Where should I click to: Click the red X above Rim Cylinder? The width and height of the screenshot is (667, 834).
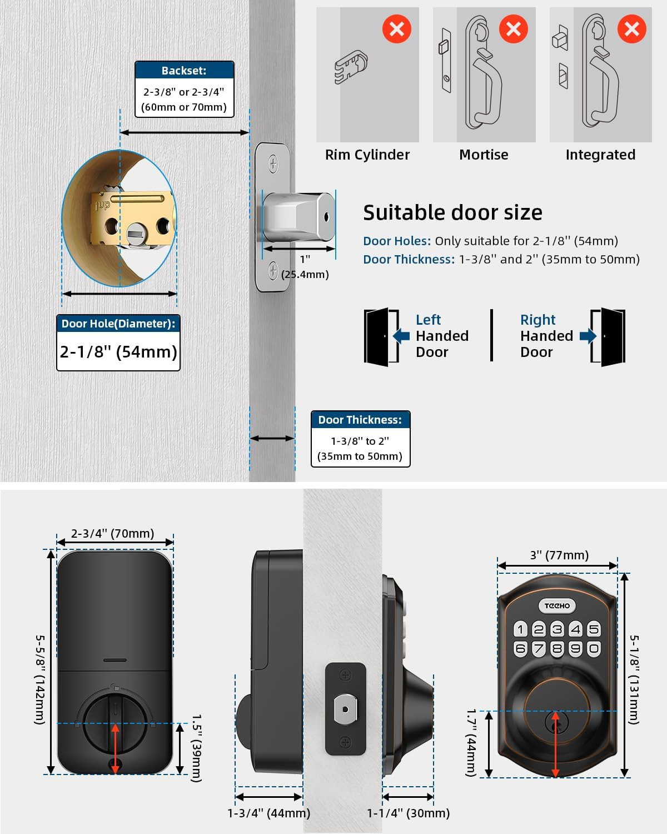[397, 29]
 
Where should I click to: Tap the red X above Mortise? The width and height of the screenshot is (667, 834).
[513, 29]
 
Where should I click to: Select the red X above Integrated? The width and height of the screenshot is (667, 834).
[631, 29]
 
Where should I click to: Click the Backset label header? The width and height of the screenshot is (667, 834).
[184, 71]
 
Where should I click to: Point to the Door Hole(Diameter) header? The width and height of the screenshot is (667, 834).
[118, 324]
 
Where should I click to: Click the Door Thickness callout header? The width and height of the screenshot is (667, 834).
[360, 420]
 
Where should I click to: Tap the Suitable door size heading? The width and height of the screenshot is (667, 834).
[452, 212]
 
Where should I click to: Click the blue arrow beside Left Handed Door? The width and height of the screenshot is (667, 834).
[401, 336]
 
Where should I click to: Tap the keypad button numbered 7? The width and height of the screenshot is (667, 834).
[539, 648]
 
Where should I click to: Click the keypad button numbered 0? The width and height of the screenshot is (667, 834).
[594, 648]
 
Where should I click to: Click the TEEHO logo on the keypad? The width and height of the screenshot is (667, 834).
[557, 605]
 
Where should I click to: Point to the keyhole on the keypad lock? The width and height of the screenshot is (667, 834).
[555, 722]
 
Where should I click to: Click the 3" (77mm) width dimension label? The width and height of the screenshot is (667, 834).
[559, 555]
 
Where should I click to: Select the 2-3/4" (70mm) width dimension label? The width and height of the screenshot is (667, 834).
[113, 534]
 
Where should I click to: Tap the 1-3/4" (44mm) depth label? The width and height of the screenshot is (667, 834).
[269, 813]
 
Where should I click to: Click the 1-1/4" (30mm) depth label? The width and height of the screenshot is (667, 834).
[408, 813]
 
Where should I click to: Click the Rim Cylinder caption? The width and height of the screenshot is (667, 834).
[367, 155]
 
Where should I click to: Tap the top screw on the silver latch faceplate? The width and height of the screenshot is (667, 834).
[273, 163]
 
